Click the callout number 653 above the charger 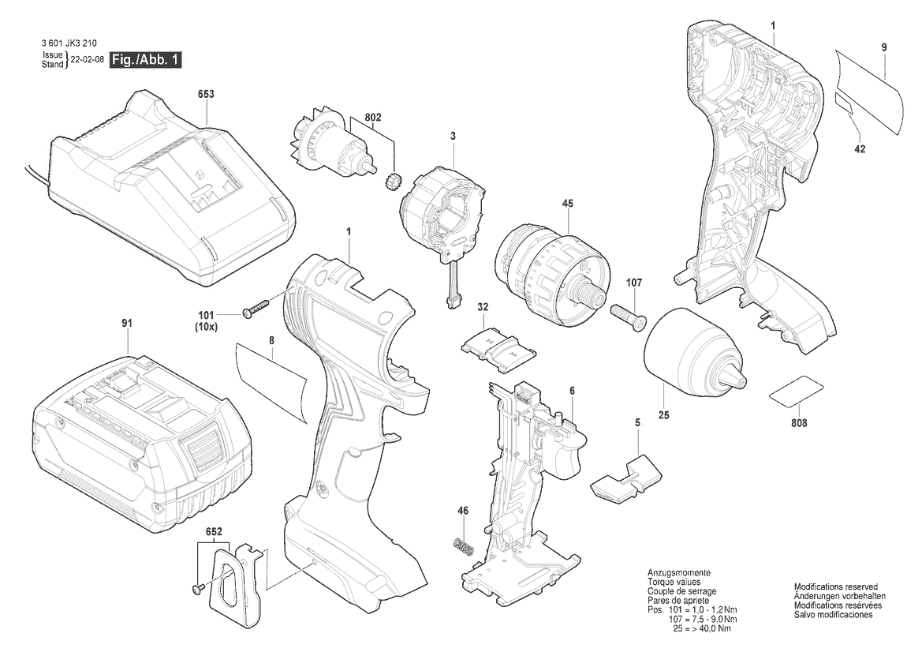coord(206,94)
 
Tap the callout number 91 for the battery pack coord(127,323)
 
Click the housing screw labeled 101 coord(256,309)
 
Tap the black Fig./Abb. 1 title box coord(146,60)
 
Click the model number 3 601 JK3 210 coord(69,43)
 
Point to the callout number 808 coord(799,423)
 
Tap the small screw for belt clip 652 coord(197,587)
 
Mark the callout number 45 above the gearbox coord(567,204)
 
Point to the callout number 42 coord(860,149)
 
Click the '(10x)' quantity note coord(206,327)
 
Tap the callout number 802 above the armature coord(373,118)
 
